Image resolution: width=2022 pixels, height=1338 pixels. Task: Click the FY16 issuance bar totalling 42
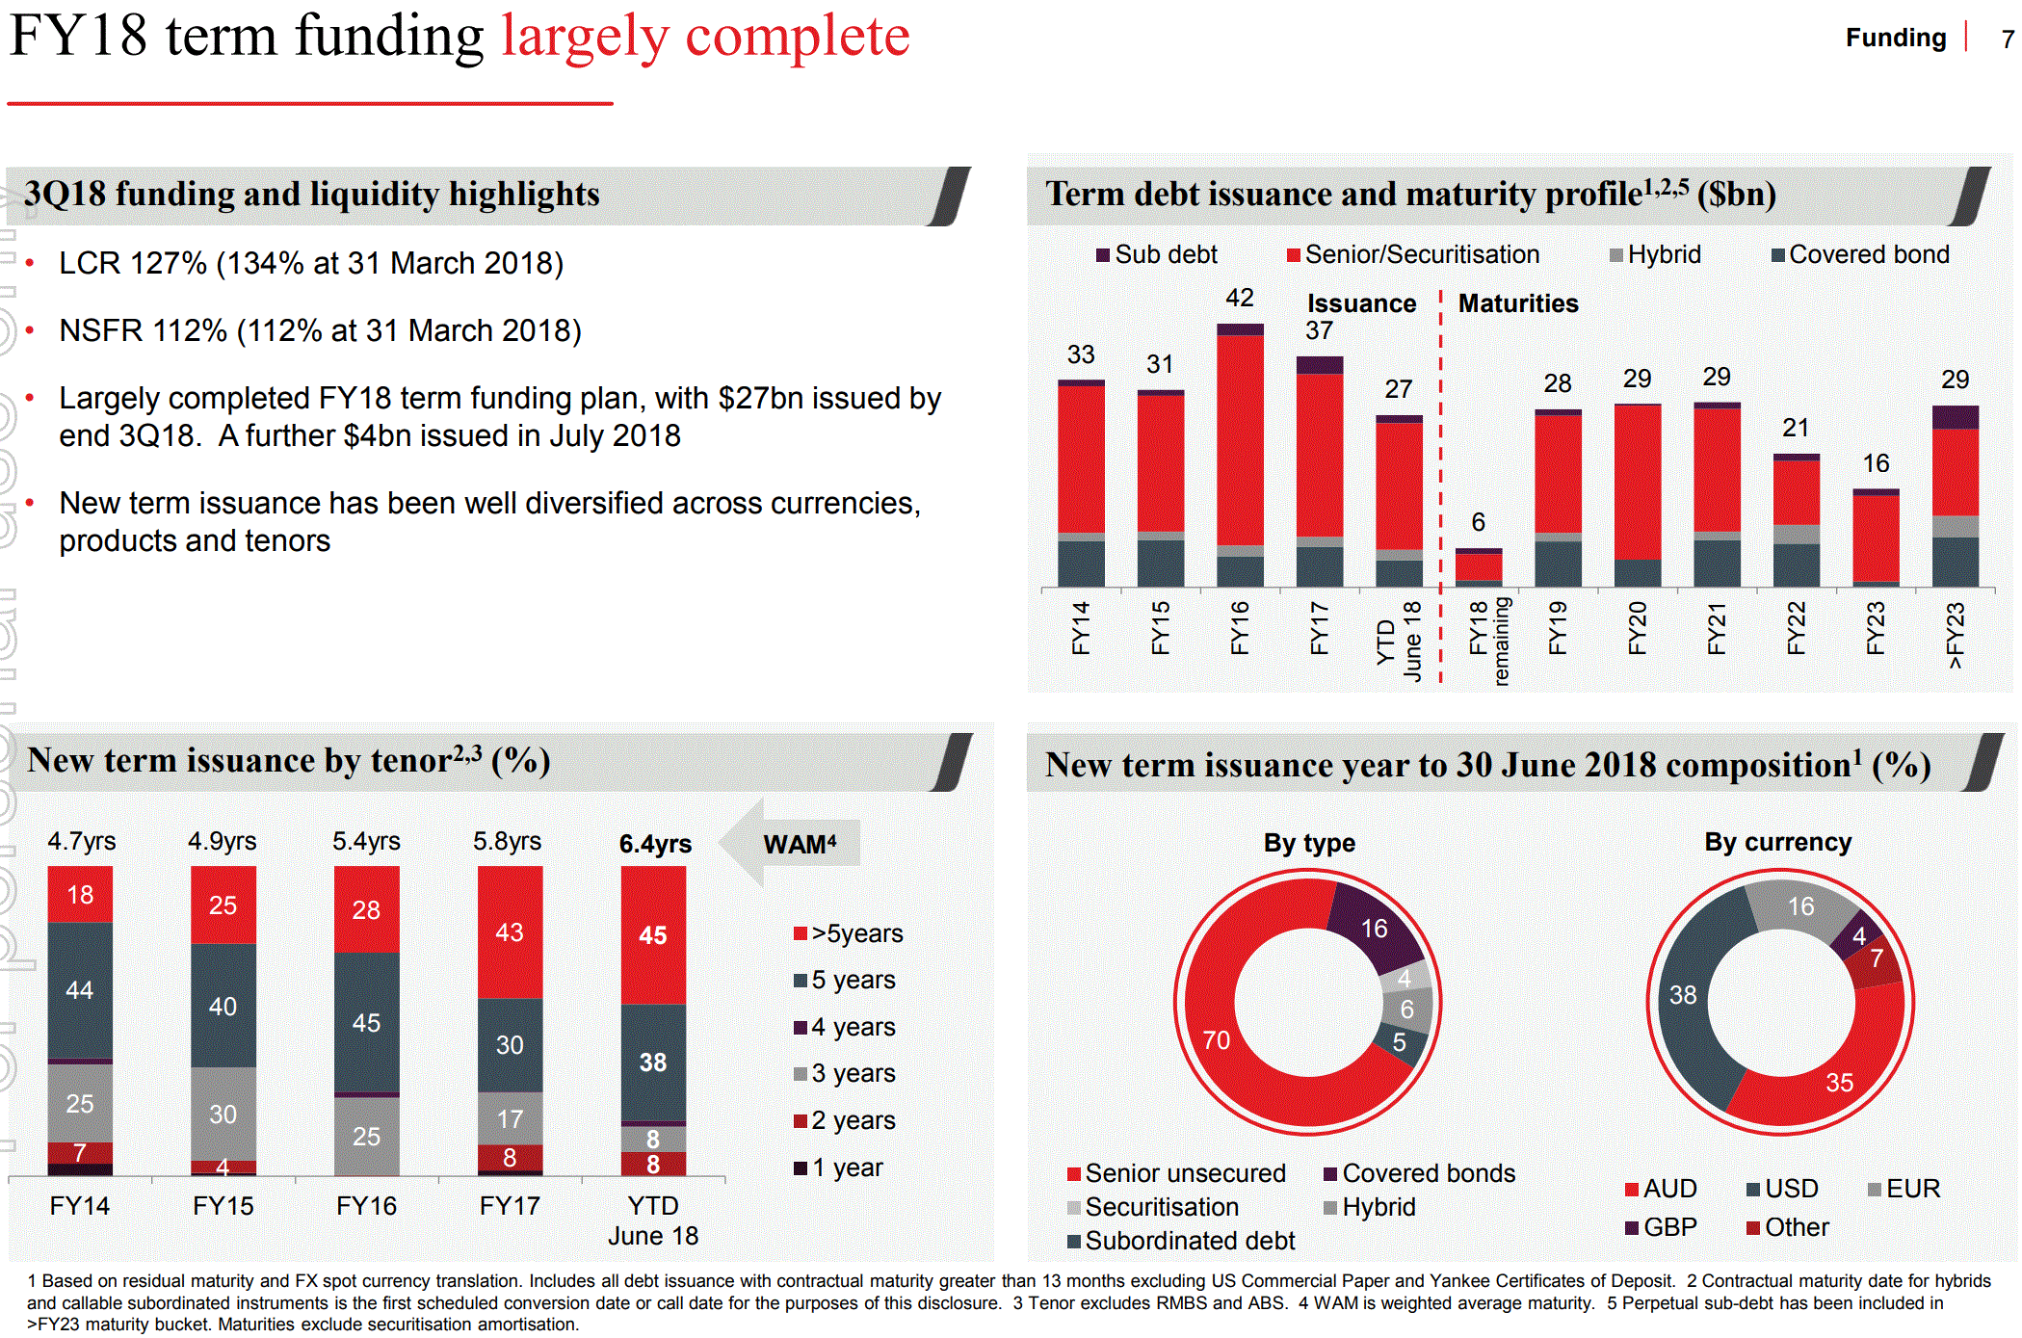pyautogui.click(x=1240, y=453)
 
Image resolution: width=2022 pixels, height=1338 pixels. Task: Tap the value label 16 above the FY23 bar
pyautogui.click(x=1875, y=463)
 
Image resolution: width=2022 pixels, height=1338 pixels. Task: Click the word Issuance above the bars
pyautogui.click(x=1361, y=303)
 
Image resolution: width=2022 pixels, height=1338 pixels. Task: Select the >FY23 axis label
pyautogui.click(x=1955, y=634)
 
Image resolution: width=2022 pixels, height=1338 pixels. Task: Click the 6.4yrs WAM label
pyautogui.click(x=655, y=844)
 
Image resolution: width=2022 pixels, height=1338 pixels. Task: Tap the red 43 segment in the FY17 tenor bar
pyautogui.click(x=510, y=931)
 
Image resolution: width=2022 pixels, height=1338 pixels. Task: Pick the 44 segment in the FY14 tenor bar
pyautogui.click(x=80, y=990)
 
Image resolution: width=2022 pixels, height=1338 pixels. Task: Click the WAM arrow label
pyautogui.click(x=798, y=844)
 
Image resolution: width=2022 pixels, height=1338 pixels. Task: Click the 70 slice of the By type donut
pyautogui.click(x=1216, y=1040)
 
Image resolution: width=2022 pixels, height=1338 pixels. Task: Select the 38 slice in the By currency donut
pyautogui.click(x=1683, y=995)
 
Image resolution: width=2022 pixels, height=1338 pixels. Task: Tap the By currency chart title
pyautogui.click(x=1777, y=842)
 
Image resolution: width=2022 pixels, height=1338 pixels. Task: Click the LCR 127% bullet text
pyautogui.click(x=310, y=263)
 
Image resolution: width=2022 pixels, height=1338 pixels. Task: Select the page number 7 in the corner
pyautogui.click(x=2007, y=39)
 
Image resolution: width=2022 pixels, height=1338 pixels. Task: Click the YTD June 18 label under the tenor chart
pyautogui.click(x=653, y=1220)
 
